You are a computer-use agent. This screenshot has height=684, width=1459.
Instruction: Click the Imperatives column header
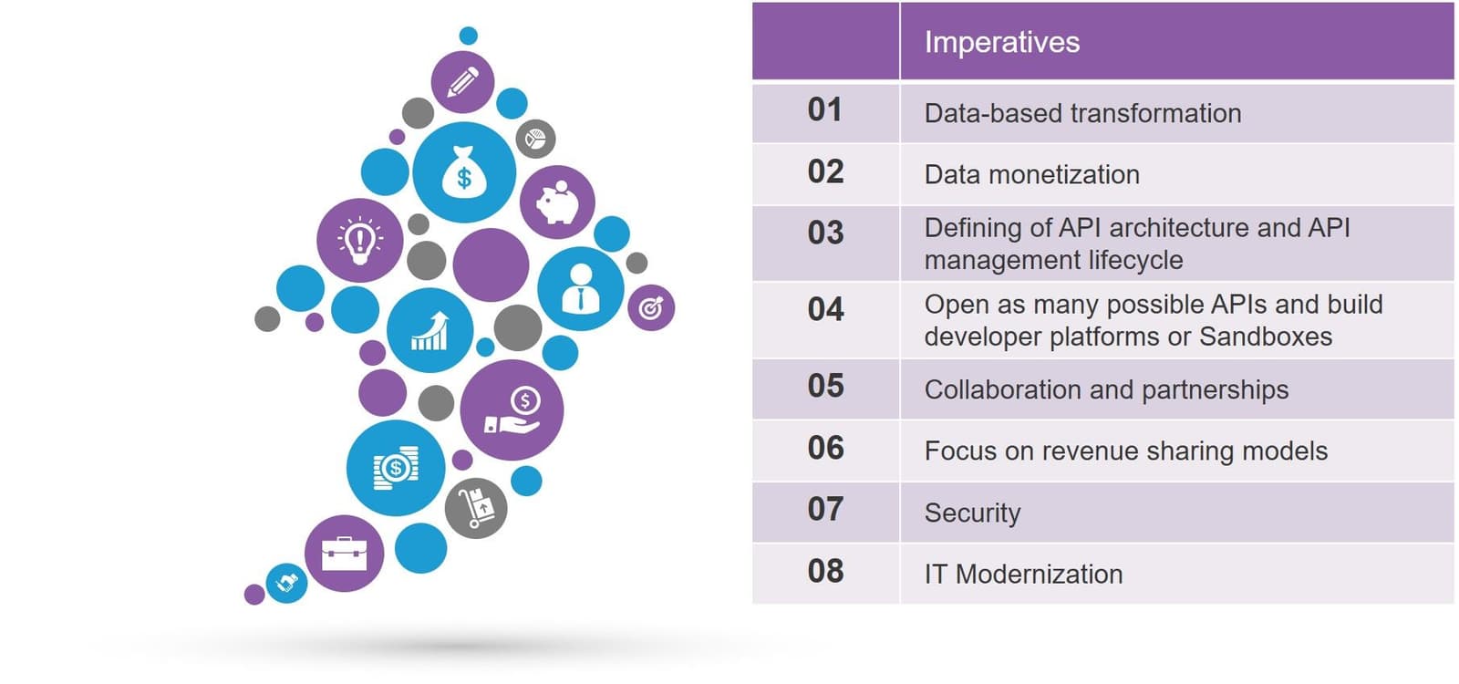(1001, 42)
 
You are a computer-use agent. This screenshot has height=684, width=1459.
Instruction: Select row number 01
(824, 110)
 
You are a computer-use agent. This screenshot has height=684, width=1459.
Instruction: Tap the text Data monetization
(1031, 174)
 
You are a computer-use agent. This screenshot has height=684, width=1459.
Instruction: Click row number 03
(825, 233)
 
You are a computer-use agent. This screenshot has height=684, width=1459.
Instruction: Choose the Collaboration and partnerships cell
(1105, 389)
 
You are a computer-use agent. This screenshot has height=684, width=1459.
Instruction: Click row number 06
(825, 448)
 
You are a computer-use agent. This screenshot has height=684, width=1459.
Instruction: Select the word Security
(972, 513)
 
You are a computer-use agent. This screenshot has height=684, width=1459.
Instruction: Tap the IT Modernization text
(1023, 574)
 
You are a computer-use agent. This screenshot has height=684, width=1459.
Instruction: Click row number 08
(825, 571)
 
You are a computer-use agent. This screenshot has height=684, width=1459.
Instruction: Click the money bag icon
(464, 171)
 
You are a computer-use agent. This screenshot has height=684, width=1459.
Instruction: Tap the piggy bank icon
(557, 202)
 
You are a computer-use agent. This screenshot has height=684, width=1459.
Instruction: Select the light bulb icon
(359, 240)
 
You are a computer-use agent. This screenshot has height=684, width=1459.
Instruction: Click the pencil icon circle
(462, 82)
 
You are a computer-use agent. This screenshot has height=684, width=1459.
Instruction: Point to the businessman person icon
(580, 288)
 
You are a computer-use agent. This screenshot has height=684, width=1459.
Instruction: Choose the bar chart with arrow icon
(429, 330)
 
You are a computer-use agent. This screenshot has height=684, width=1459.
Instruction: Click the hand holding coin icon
(512, 410)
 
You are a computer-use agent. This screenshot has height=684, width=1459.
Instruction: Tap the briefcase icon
(344, 553)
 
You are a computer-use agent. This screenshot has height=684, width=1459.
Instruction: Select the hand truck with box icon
(475, 507)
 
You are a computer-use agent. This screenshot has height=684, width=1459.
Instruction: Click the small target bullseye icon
(650, 308)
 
